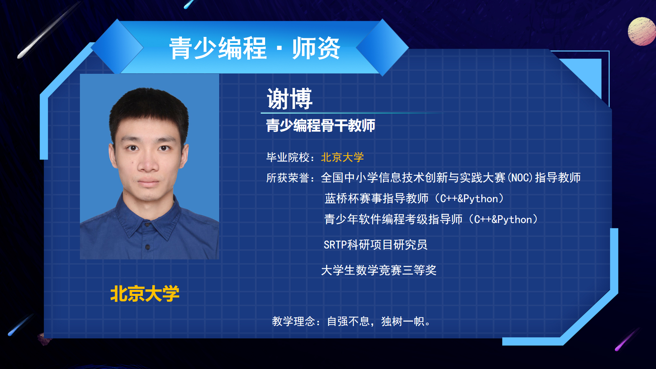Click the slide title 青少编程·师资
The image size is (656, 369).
pos(255,48)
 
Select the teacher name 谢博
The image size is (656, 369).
pos(289,98)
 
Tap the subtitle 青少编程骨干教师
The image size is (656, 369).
pos(320,126)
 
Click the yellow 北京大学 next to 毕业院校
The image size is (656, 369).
pos(342,157)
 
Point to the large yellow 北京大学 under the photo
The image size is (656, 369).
pos(145,293)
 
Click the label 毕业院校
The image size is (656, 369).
pos(288,157)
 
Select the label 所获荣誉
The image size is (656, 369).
pos(288,178)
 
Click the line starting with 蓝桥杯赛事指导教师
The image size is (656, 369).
pos(414,198)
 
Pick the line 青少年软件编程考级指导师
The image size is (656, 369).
pos(431,219)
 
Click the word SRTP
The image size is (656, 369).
pos(335,245)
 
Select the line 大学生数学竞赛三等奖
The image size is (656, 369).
pos(379,270)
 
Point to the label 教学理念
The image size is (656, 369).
pos(293,321)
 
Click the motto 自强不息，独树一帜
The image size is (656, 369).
pos(375,321)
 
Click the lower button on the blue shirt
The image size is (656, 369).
pos(147,247)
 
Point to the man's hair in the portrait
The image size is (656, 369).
pos(149,109)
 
